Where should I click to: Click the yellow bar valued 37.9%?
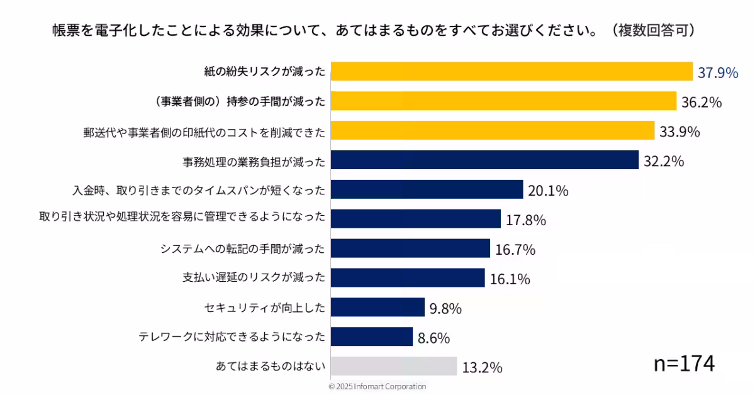pyautogui.click(x=512, y=72)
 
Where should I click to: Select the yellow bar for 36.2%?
pyautogui.click(x=503, y=101)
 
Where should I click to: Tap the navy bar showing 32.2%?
pyautogui.click(x=484, y=160)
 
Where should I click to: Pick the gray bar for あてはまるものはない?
pyautogui.click(x=394, y=366)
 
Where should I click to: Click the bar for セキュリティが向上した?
pyautogui.click(x=377, y=308)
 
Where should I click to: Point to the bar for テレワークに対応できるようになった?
pyautogui.click(x=371, y=337)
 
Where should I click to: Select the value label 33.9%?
pyautogui.click(x=680, y=131)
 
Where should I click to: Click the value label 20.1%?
pyautogui.click(x=548, y=191)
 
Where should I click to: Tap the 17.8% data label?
pyautogui.click(x=525, y=220)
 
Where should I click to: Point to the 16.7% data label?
pyautogui.click(x=515, y=250)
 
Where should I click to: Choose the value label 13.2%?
pyautogui.click(x=482, y=367)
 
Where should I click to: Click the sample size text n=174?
pyautogui.click(x=684, y=364)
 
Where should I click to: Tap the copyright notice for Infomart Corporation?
pyautogui.click(x=377, y=386)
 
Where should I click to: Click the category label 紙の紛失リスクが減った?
pyautogui.click(x=264, y=72)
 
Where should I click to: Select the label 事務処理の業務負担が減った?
pyautogui.click(x=254, y=161)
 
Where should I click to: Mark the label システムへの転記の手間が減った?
pyautogui.click(x=243, y=249)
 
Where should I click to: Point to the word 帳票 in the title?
pyautogui.click(x=64, y=31)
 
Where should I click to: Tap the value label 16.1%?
pyautogui.click(x=510, y=279)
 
